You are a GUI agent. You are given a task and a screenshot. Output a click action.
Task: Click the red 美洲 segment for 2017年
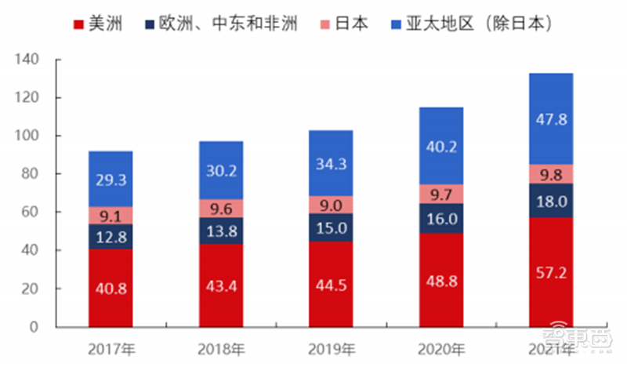pyautogui.click(x=111, y=288)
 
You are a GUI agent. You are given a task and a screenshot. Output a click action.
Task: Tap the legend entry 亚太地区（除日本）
pyautogui.click(x=482, y=24)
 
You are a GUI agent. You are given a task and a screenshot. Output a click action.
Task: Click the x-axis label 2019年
pyautogui.click(x=330, y=348)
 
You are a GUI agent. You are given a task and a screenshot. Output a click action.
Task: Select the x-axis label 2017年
pyautogui.click(x=111, y=348)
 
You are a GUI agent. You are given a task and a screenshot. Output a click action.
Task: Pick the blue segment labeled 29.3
pyautogui.click(x=111, y=179)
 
